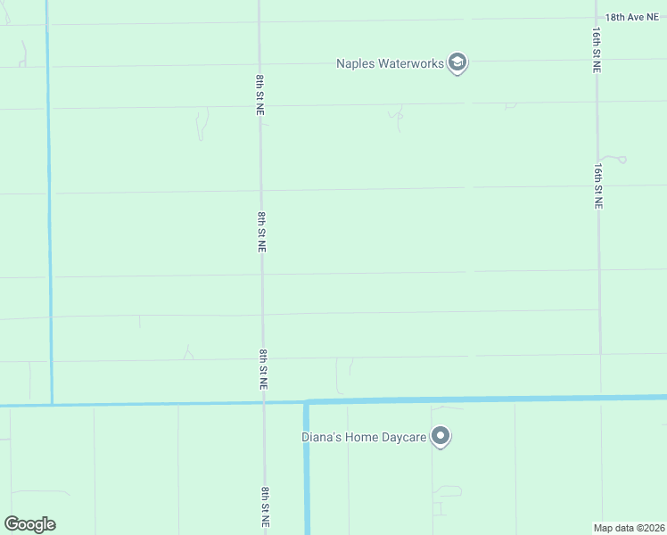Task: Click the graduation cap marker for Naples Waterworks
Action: click(457, 63)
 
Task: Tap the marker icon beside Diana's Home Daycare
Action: click(441, 437)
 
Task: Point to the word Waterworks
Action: click(412, 63)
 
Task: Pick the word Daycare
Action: click(403, 437)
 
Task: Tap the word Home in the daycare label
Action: click(362, 437)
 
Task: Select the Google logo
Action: click(29, 524)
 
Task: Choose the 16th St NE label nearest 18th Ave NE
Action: click(597, 50)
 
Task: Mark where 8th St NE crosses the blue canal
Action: click(264, 402)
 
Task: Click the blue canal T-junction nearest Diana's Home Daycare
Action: click(306, 401)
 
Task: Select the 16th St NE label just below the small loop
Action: click(598, 185)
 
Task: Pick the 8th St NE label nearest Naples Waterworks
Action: click(259, 94)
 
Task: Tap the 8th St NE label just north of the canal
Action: click(264, 369)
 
